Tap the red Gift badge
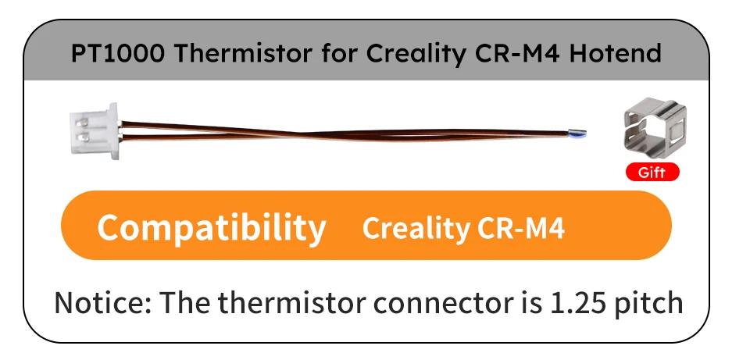click(x=652, y=173)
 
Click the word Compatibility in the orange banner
click(x=211, y=227)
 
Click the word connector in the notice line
click(x=429, y=302)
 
